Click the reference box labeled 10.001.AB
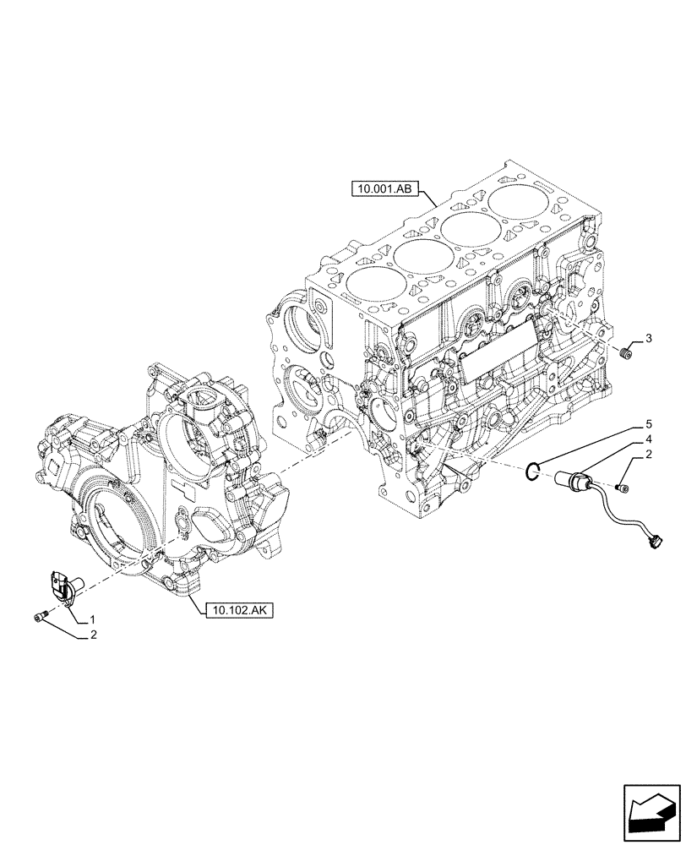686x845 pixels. (x=384, y=190)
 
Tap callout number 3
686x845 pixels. (x=648, y=339)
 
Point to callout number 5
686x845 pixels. (x=648, y=422)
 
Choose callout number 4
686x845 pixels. (x=648, y=439)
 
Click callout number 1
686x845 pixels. (x=92, y=620)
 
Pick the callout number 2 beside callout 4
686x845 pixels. (x=648, y=456)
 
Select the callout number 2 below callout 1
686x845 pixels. (x=92, y=636)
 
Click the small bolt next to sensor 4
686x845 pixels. (x=622, y=488)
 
